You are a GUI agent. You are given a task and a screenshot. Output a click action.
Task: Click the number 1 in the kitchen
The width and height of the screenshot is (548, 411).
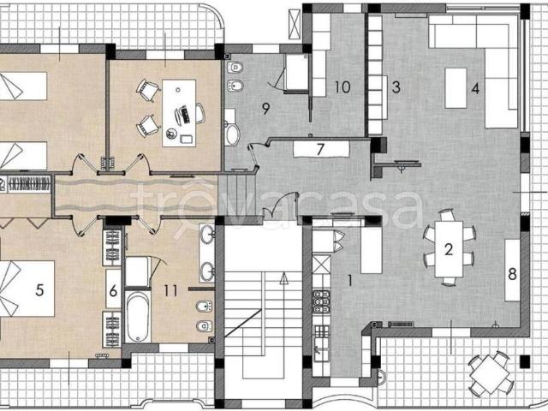point(350,280)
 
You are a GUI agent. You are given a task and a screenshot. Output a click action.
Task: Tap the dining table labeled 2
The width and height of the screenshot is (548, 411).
point(449,249)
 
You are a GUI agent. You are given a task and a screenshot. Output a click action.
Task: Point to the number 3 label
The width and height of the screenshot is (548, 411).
point(396,87)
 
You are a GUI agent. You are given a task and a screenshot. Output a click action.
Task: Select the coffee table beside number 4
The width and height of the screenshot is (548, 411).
point(456,88)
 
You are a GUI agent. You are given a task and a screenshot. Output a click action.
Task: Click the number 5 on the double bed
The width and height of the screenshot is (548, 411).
point(39,289)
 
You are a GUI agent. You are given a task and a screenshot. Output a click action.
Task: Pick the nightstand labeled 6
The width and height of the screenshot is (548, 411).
point(114,289)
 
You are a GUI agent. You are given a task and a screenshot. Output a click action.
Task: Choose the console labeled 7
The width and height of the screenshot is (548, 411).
point(322,149)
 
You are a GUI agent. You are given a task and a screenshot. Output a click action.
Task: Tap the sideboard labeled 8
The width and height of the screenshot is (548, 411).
point(512,271)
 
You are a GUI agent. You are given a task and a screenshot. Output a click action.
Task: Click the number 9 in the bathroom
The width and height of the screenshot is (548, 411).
point(266,109)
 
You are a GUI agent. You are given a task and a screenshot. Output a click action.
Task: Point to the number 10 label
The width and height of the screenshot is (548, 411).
point(342,87)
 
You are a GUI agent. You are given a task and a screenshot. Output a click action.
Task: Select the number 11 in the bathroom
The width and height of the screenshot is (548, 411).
point(170,290)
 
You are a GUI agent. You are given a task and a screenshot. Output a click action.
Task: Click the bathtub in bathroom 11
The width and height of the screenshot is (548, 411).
point(138,316)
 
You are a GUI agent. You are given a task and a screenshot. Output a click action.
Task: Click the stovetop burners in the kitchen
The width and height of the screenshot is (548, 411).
point(321,301)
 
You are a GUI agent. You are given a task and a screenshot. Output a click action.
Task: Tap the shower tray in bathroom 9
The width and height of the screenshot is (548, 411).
point(297,73)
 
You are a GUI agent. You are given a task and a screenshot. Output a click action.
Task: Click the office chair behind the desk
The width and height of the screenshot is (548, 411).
point(200,114)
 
